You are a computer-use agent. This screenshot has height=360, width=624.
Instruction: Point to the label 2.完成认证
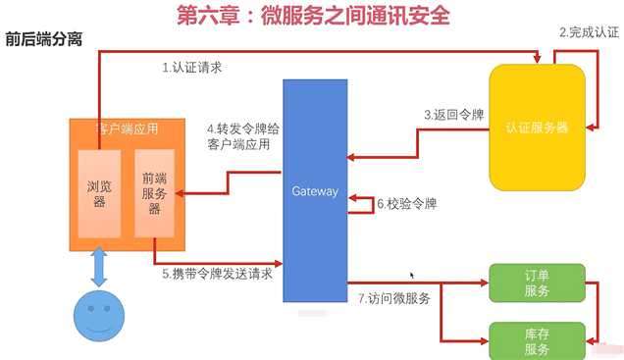(589, 32)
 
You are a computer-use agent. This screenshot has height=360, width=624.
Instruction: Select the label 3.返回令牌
(454, 115)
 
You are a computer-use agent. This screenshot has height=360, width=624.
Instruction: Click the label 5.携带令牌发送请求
(217, 274)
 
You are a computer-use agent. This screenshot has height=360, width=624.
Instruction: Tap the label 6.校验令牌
(407, 205)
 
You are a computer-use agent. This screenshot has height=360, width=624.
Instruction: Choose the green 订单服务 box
(537, 283)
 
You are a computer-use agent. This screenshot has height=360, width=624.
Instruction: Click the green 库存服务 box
(537, 340)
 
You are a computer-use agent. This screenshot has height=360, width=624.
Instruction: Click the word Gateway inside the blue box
(315, 190)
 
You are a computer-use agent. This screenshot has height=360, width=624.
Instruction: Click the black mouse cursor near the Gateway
(412, 277)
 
